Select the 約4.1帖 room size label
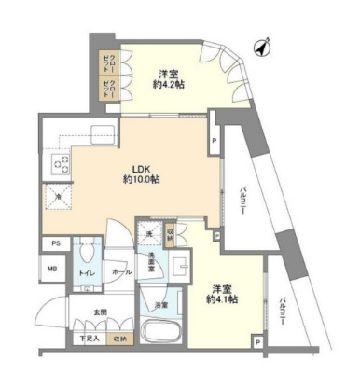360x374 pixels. [221, 299]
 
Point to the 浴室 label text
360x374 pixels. [161, 305]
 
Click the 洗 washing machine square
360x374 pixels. [148, 236]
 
